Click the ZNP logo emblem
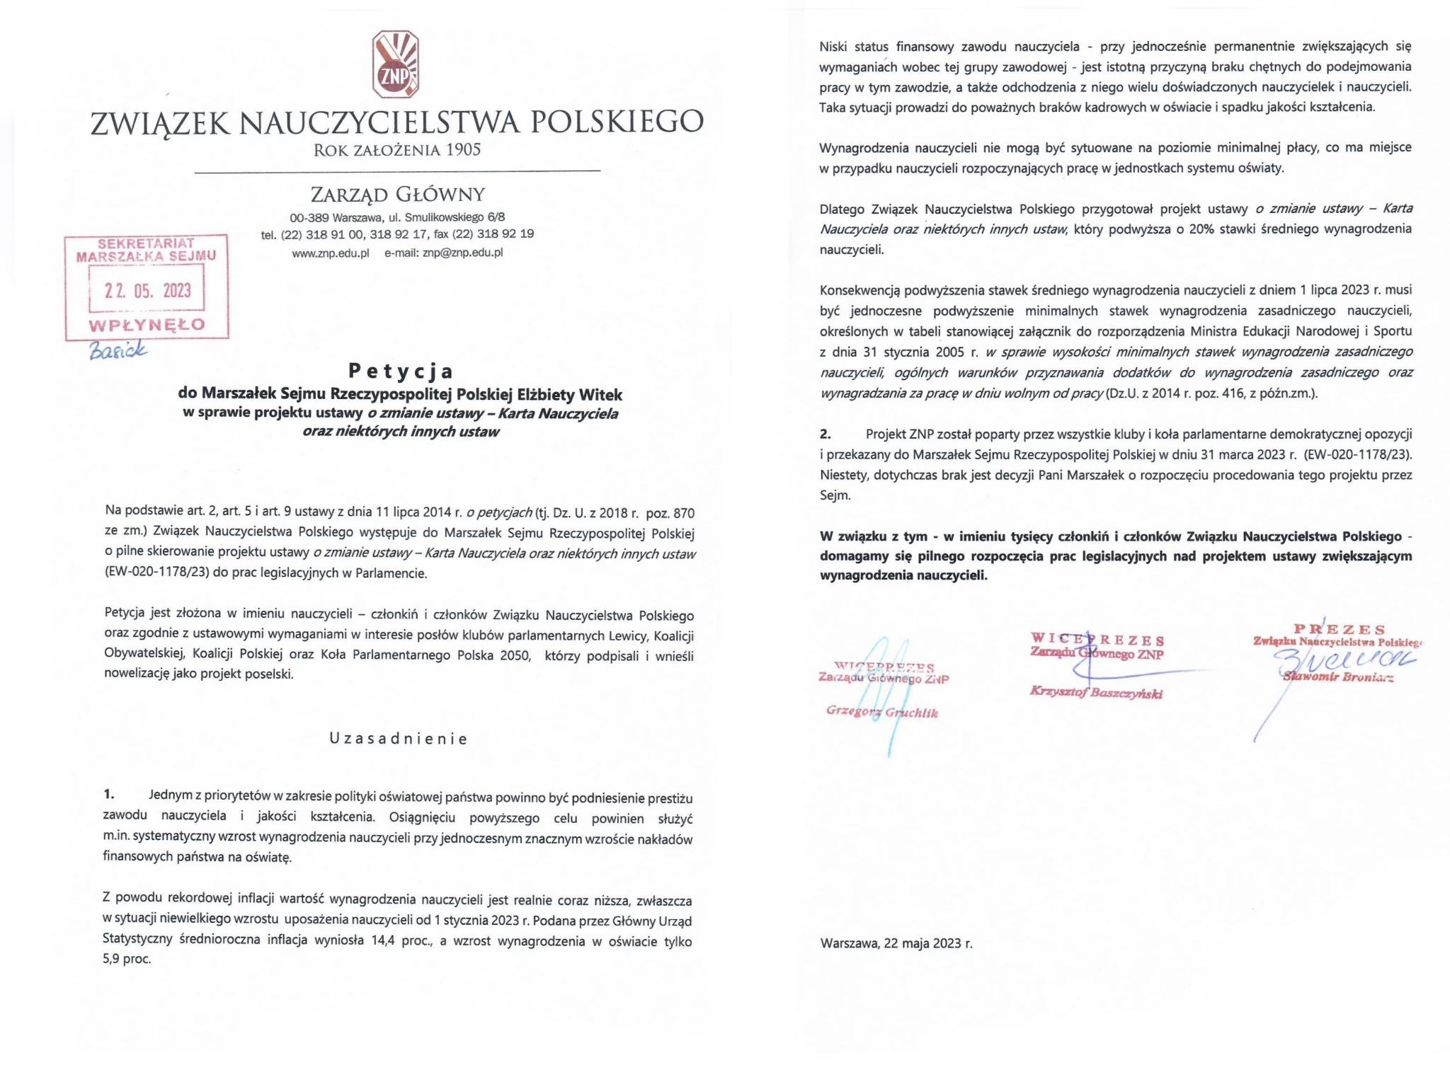[x=396, y=64]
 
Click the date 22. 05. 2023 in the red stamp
[x=148, y=290]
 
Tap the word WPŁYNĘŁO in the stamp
[x=147, y=325]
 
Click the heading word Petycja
[x=401, y=371]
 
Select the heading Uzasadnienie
[x=399, y=739]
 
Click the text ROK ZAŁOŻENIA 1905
[x=397, y=150]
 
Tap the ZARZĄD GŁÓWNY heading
[x=397, y=194]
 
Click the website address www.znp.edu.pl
[x=331, y=253]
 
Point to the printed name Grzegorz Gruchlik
[x=882, y=712]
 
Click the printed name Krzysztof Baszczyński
[x=1096, y=693]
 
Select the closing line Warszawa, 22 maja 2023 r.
[x=896, y=943]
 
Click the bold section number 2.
[x=826, y=434]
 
